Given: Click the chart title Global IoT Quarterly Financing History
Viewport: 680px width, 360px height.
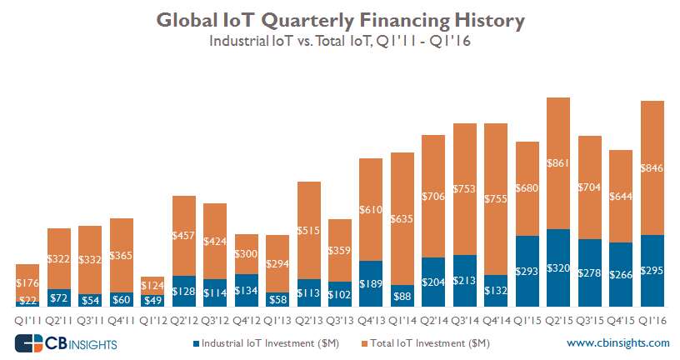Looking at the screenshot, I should [339, 18].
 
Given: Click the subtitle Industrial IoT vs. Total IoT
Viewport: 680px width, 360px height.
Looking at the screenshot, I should [339, 42].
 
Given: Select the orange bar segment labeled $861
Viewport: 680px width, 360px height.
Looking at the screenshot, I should [558, 163].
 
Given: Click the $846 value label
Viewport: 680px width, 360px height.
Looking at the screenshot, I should [652, 167].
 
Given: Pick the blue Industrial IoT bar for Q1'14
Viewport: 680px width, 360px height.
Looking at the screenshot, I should [402, 297].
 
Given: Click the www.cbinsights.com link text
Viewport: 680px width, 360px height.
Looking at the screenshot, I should [617, 342].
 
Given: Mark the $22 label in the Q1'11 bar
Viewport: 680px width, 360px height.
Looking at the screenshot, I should [27, 300].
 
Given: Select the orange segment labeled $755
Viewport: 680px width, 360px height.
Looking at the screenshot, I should [496, 199].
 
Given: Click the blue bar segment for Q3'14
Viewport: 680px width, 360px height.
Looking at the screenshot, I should [465, 281].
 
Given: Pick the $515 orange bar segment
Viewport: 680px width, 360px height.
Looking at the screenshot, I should [309, 230].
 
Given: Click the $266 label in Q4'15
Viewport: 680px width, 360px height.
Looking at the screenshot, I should [621, 275].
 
